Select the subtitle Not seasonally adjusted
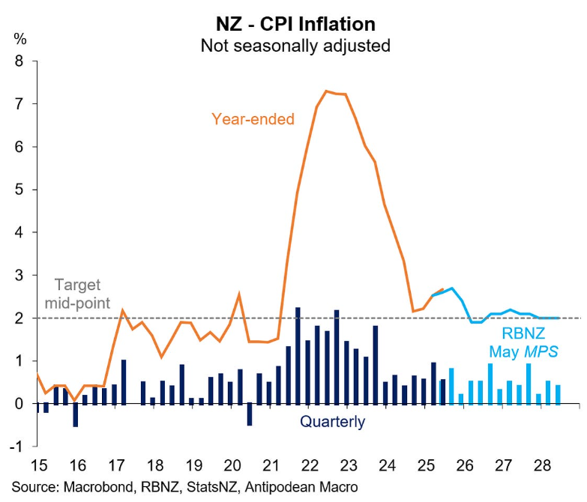click(295, 45)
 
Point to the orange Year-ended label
click(253, 118)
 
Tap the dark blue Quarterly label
click(332, 422)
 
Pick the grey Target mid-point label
click(77, 294)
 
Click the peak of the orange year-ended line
click(326, 91)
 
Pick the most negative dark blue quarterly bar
click(76, 415)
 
